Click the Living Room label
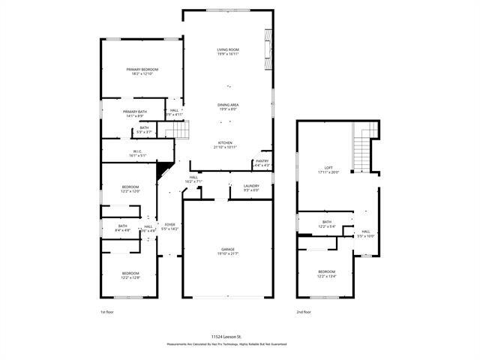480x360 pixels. pos(227,51)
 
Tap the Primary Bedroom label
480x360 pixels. pos(142,71)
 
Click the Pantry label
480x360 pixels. pos(262,162)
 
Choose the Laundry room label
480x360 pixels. pos(250,187)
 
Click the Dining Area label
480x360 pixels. pos(228,106)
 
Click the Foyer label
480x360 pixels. pos(170,226)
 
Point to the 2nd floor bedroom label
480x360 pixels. pos(326,273)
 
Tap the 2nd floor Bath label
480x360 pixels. pos(327,223)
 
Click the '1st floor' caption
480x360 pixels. pos(107,311)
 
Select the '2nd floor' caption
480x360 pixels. pos(304,311)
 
